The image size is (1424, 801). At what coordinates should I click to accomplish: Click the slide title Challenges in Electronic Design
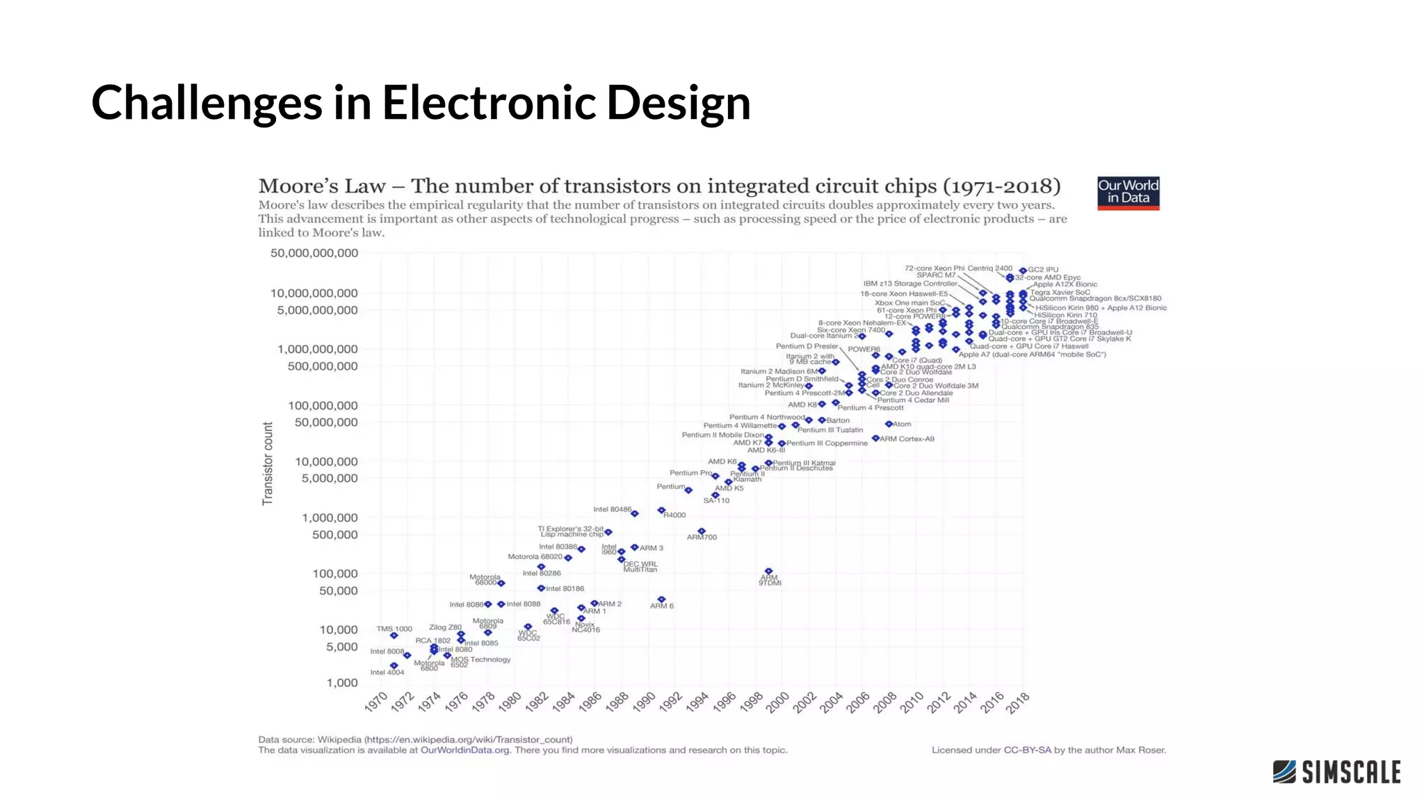click(x=421, y=102)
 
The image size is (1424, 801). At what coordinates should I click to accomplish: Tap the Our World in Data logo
click(x=1128, y=193)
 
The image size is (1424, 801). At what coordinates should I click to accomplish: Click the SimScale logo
click(x=1336, y=772)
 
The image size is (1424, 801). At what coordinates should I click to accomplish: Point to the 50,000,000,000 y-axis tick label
click(x=314, y=253)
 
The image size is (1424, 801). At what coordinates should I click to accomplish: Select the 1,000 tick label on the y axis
click(x=342, y=683)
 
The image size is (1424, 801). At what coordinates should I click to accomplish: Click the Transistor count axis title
click(x=268, y=463)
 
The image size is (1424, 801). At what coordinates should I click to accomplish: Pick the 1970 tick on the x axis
click(x=375, y=702)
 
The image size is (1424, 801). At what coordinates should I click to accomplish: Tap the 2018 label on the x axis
click(x=1017, y=702)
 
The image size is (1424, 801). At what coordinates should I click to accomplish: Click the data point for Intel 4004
click(x=394, y=665)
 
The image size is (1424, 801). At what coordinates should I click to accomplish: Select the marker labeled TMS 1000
click(x=394, y=636)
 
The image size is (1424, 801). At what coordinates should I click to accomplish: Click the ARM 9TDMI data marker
click(x=768, y=572)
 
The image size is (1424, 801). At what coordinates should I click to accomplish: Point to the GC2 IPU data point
click(x=1023, y=270)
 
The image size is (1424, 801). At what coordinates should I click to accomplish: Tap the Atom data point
click(x=889, y=423)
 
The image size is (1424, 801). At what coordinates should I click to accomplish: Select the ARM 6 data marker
click(x=661, y=599)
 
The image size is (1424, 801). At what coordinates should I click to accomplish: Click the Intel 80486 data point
click(x=634, y=513)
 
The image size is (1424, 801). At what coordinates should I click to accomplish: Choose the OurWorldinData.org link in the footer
click(x=464, y=750)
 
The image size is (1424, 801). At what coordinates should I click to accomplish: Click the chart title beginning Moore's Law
click(x=659, y=186)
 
